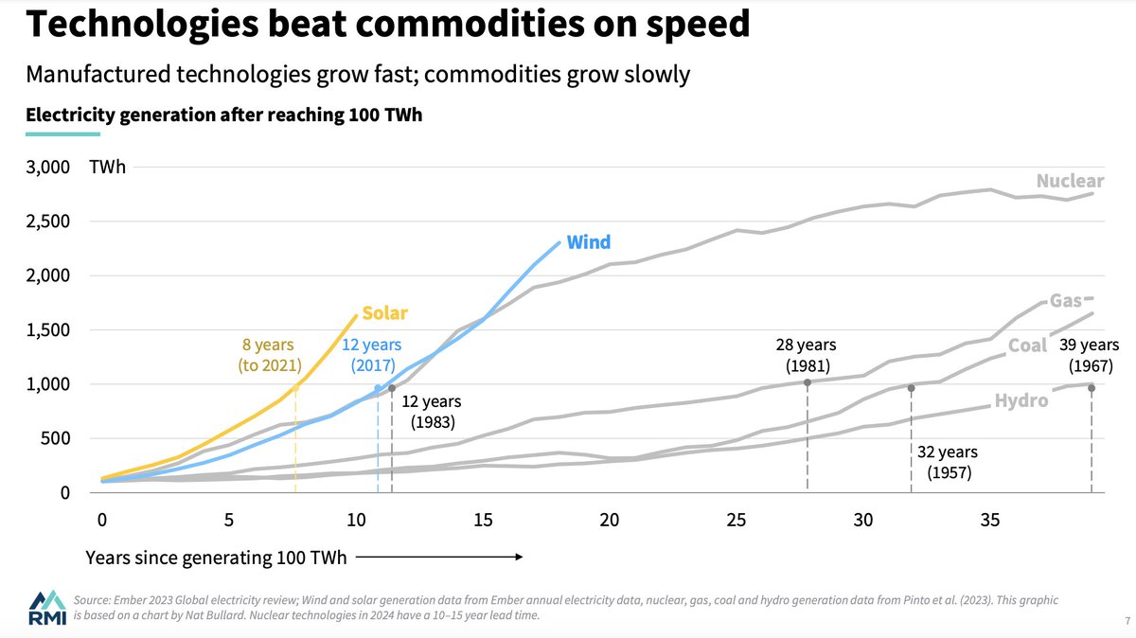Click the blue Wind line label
click(588, 242)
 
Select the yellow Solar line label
click(385, 313)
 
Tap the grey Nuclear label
click(1070, 181)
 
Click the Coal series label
click(1027, 346)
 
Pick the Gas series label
click(1065, 301)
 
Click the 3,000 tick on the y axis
click(47, 168)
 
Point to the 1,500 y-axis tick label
click(47, 330)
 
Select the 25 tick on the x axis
click(737, 520)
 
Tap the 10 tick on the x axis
click(356, 520)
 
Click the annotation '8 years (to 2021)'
click(268, 355)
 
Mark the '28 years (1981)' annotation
click(807, 355)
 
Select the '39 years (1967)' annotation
click(1091, 355)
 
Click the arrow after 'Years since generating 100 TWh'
click(439, 558)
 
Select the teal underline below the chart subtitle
click(62, 134)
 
